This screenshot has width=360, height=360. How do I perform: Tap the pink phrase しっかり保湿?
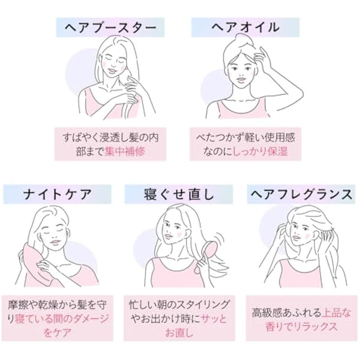[263, 152]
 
